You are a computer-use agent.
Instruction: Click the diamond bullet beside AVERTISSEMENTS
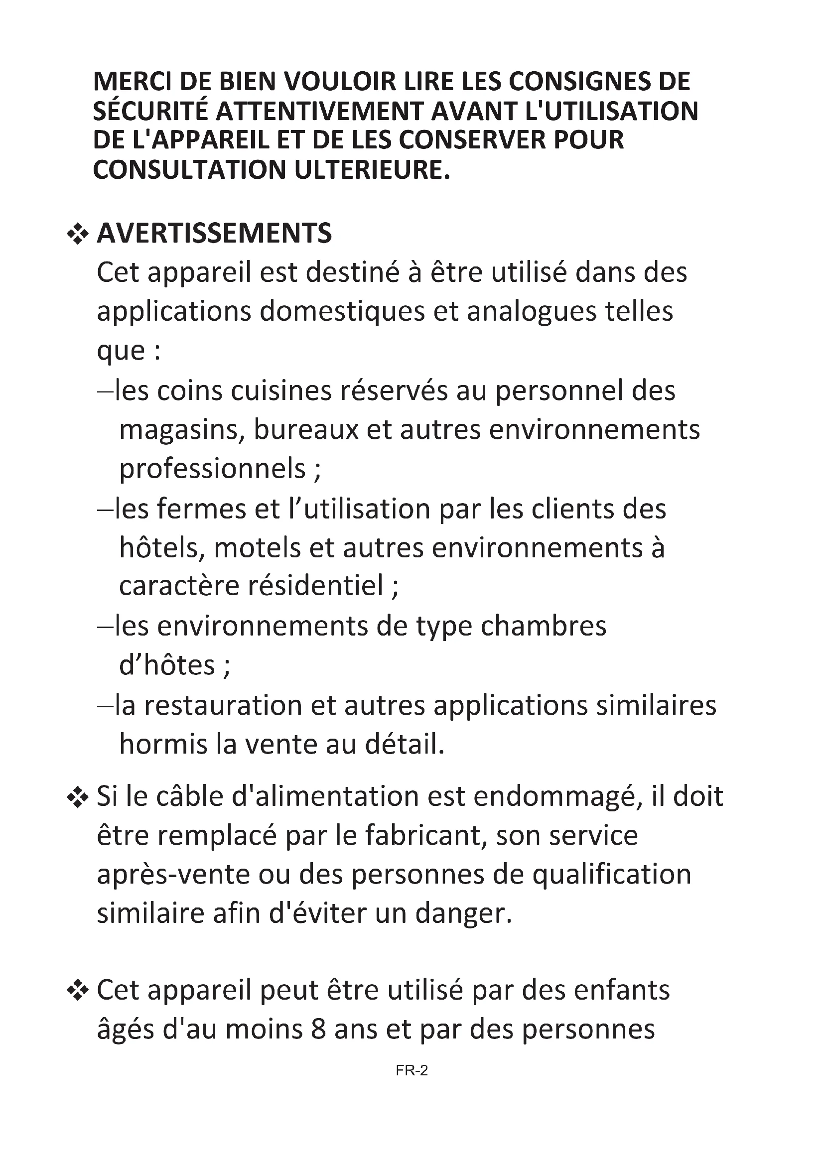pyautogui.click(x=78, y=235)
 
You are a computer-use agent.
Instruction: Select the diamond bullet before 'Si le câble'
pyautogui.click(x=78, y=797)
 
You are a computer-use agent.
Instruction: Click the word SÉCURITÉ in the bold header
pyautogui.click(x=150, y=111)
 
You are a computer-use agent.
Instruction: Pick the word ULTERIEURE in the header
pyautogui.click(x=372, y=169)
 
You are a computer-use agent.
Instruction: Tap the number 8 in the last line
pyautogui.click(x=318, y=1029)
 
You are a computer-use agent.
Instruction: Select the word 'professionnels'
pyautogui.click(x=213, y=469)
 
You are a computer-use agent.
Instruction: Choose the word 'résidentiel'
pyautogui.click(x=315, y=586)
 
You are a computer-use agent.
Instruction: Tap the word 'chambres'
pyautogui.click(x=544, y=626)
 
